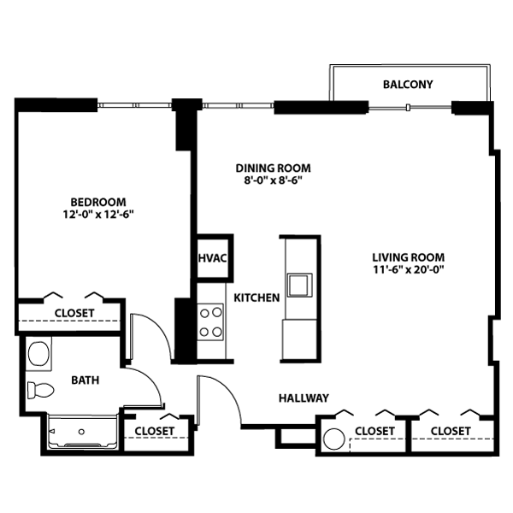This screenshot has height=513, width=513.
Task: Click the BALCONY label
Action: (x=408, y=85)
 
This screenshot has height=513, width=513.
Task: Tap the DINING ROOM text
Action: (x=273, y=168)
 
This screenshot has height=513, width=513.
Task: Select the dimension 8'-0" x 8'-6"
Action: (x=273, y=181)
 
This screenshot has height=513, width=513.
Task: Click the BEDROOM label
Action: (x=99, y=202)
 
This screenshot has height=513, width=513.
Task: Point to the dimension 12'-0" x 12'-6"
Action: (x=99, y=215)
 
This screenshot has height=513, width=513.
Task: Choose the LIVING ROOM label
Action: (x=408, y=257)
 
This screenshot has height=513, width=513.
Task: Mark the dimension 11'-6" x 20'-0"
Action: (x=408, y=270)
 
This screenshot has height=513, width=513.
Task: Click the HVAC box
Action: (x=212, y=258)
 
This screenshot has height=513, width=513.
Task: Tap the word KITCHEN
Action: (x=257, y=298)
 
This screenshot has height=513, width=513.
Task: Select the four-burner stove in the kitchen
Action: (x=211, y=323)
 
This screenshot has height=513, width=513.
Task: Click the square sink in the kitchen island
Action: (x=299, y=284)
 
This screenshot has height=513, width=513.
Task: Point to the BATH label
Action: (x=85, y=380)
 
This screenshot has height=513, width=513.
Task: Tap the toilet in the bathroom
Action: (x=40, y=392)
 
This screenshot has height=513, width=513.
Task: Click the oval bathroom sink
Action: (x=38, y=352)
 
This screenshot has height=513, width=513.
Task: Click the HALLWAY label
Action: (x=304, y=398)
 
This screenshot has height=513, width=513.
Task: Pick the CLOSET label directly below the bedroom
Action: (x=74, y=313)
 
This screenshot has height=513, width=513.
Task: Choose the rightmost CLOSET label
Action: (x=451, y=430)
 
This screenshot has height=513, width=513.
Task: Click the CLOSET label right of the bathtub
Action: (x=155, y=430)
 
